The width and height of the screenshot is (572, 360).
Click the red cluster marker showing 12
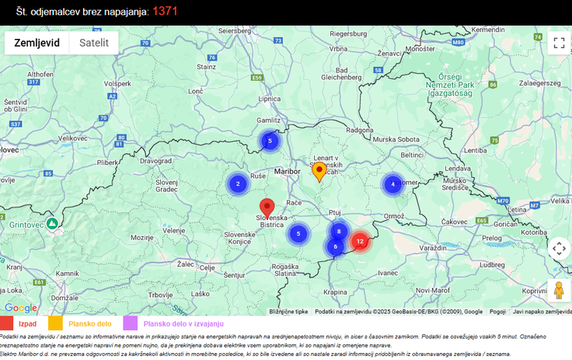(x=359, y=242)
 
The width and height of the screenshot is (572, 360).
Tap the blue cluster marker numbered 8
(x=339, y=231)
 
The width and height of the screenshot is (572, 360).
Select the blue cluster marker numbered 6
(x=335, y=246)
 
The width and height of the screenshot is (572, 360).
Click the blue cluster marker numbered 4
(x=392, y=184)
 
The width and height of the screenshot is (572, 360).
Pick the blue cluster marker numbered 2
(x=237, y=184)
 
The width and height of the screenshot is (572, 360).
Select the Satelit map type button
(x=94, y=43)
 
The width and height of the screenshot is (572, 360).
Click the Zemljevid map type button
(x=37, y=43)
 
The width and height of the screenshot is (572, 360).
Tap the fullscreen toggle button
(x=559, y=43)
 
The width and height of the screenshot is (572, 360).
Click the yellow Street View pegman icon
(x=558, y=291)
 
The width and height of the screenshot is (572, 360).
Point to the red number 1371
(x=170, y=11)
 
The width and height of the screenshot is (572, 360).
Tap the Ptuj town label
(x=335, y=211)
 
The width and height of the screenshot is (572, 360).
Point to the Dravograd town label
(x=155, y=161)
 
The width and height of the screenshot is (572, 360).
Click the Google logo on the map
(x=20, y=309)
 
